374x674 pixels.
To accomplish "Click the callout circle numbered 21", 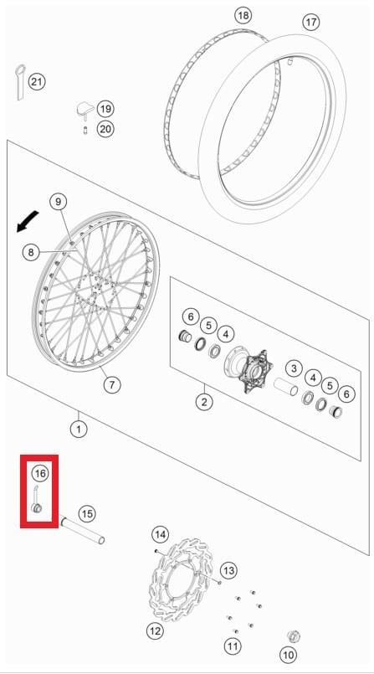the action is pyautogui.click(x=37, y=81).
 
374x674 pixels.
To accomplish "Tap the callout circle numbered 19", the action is pyautogui.click(x=105, y=109).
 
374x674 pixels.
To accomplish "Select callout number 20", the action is pyautogui.click(x=105, y=129).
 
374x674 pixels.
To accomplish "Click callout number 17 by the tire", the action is pyautogui.click(x=311, y=23).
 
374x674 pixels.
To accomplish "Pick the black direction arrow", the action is pyautogui.click(x=28, y=222).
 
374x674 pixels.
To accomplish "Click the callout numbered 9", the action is pyautogui.click(x=59, y=201).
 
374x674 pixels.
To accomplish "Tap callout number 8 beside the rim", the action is pyautogui.click(x=31, y=252).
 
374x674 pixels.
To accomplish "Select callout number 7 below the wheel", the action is pyautogui.click(x=111, y=383).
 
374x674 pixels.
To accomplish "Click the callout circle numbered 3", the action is pyautogui.click(x=294, y=368).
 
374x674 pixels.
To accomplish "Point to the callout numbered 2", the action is pyautogui.click(x=204, y=402).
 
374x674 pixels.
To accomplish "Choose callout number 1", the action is pyautogui.click(x=79, y=429).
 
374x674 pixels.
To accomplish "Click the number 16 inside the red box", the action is pyautogui.click(x=40, y=474).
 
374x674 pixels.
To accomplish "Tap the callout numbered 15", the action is pyautogui.click(x=87, y=514).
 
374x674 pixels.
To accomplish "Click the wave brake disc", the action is pyautogui.click(x=182, y=579).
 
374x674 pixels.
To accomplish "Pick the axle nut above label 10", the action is pyautogui.click(x=294, y=635).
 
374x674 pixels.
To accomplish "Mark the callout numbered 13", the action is pyautogui.click(x=228, y=570).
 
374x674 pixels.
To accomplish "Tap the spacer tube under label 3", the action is pyautogui.click(x=285, y=387).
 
